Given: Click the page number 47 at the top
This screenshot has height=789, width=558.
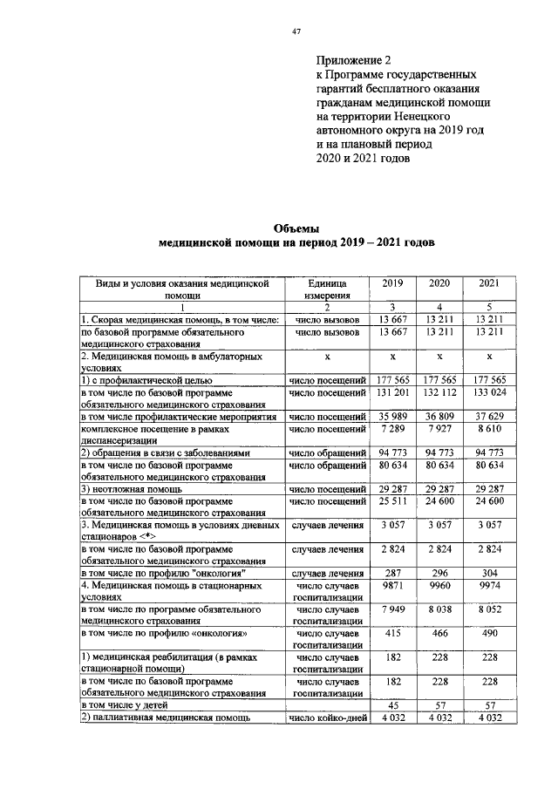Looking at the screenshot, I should coord(296,32).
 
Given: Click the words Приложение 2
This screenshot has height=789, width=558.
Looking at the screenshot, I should coord(353,61).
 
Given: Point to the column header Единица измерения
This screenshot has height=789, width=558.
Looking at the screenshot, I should coord(326,289).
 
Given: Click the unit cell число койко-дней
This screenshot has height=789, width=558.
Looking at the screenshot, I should coord(326,718).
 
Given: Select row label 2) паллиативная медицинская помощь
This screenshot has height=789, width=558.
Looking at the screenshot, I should coord(165,718).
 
